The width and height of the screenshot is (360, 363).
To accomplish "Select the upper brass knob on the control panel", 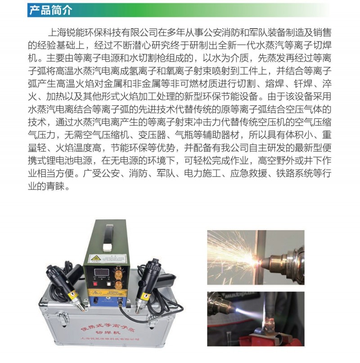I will [x=119, y=271].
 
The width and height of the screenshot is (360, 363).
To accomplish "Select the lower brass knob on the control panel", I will [x=119, y=285].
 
